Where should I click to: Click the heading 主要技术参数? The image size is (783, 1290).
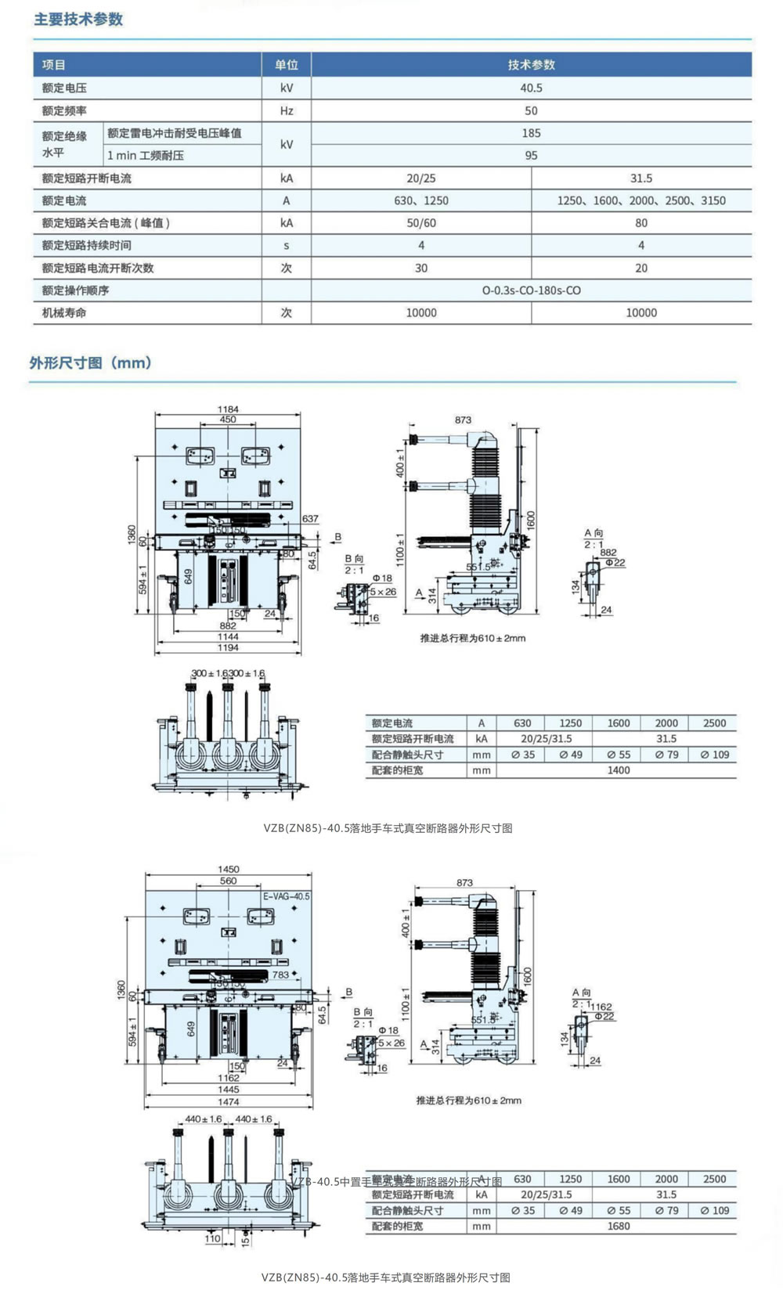click(x=78, y=20)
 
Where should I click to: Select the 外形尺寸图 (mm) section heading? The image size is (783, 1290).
click(x=90, y=363)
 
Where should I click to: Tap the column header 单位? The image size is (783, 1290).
click(x=287, y=65)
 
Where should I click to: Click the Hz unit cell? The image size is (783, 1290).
click(x=287, y=111)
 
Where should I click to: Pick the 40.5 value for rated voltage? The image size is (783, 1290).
click(x=531, y=88)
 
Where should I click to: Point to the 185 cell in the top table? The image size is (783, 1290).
click(x=531, y=133)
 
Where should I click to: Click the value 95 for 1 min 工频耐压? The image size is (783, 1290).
click(x=531, y=156)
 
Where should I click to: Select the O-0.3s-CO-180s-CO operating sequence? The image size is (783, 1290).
click(x=531, y=290)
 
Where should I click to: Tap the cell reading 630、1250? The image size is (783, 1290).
click(x=421, y=201)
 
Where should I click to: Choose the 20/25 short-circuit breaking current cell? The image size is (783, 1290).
click(x=421, y=178)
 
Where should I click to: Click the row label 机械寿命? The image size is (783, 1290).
click(x=64, y=313)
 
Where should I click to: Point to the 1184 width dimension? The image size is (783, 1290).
click(x=228, y=409)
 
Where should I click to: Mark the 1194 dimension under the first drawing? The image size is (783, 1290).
click(x=228, y=647)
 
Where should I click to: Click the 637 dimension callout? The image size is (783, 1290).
click(x=310, y=519)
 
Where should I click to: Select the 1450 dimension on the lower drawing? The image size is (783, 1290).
click(x=229, y=870)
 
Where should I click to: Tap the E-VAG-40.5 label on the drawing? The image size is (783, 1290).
click(x=286, y=896)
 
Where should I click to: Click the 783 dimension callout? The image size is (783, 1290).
click(x=280, y=975)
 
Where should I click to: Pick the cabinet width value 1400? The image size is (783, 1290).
click(x=618, y=770)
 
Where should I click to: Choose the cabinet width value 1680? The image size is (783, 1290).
click(x=618, y=1227)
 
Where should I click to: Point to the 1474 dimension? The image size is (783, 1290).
click(x=229, y=1101)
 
